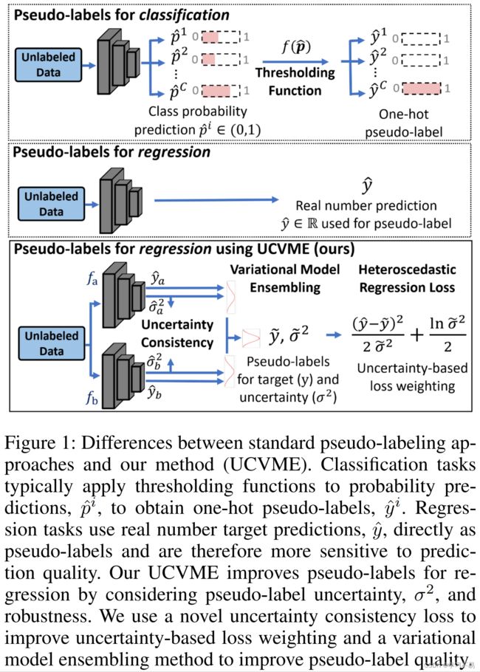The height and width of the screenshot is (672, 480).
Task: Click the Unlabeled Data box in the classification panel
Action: tap(48, 65)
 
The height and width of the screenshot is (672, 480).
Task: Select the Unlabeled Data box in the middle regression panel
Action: tap(51, 204)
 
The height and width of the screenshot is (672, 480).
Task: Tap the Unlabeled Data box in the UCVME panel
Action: tap(52, 343)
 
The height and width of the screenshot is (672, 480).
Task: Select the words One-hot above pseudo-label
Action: tap(403, 114)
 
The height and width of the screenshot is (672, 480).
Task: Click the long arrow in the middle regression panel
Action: tap(216, 199)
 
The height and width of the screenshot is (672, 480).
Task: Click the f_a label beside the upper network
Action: tap(92, 279)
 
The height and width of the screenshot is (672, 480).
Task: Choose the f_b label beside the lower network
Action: tap(92, 399)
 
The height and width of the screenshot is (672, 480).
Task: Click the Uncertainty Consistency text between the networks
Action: tap(177, 334)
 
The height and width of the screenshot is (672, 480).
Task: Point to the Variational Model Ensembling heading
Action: tap(285, 278)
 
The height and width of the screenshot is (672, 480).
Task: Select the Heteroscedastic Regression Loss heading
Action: tap(407, 278)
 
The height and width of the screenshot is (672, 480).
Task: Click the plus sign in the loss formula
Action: tap(416, 335)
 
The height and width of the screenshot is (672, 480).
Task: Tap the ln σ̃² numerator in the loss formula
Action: tap(448, 323)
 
